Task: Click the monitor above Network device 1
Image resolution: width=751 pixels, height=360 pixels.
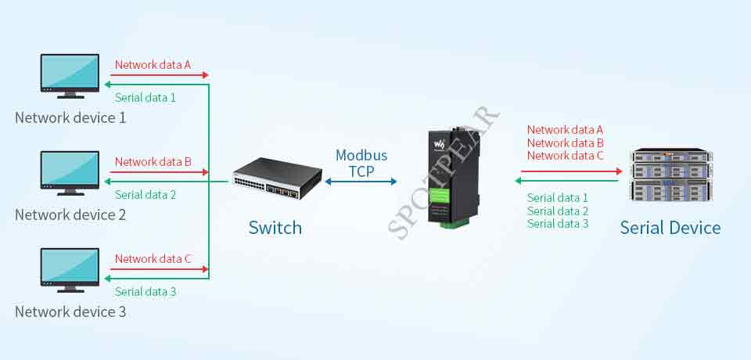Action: pos(70,76)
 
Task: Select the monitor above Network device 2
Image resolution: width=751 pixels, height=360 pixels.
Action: pos(70,173)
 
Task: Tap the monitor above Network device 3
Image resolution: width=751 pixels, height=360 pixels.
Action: pos(70,270)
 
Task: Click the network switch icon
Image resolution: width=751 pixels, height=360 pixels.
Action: pos(277,178)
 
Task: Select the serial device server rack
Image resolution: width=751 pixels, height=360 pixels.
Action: pos(671,175)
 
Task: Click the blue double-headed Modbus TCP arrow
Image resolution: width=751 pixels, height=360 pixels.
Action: pos(361,182)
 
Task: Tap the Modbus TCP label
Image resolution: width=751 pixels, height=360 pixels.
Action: pos(361,163)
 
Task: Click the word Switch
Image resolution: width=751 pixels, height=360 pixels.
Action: pos(275,228)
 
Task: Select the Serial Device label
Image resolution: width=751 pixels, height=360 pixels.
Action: pos(670,228)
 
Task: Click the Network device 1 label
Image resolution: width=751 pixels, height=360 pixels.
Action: pos(70,118)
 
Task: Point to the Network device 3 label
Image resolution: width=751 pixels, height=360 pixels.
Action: pos(70,312)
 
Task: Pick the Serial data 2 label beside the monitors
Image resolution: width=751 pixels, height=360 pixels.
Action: pos(146,195)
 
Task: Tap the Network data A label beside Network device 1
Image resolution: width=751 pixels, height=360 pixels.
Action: pos(153,64)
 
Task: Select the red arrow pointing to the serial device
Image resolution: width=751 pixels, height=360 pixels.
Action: pos(572,171)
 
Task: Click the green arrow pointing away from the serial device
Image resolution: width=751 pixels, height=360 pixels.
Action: pos(566,181)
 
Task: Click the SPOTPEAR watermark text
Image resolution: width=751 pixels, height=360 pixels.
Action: pos(443,173)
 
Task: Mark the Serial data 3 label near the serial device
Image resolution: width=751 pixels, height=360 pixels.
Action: pos(558,224)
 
